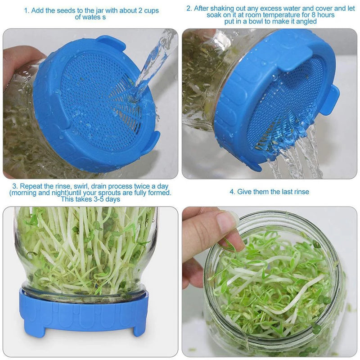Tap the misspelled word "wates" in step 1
coord(97,18)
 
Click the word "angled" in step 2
coord(307,21)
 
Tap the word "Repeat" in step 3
coord(31,186)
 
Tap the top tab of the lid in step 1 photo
coord(112,43)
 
